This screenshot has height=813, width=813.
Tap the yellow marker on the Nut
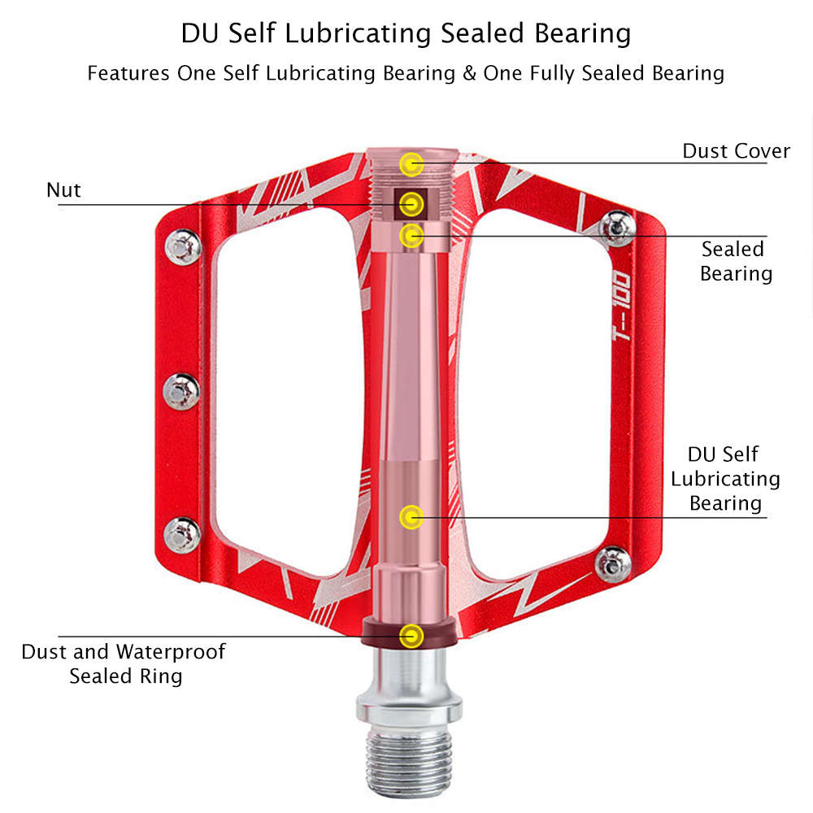[412, 202]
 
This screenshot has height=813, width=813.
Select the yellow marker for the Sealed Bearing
[412, 236]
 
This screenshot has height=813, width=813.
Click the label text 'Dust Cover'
[736, 151]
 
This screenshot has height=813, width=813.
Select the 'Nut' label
[63, 190]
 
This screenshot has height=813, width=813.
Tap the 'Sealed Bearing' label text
[735, 261]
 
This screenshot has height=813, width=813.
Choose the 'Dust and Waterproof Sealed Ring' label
[124, 663]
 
